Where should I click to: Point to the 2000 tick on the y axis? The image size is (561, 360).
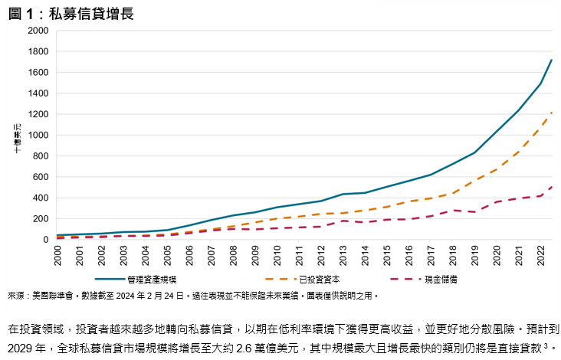(x=38, y=31)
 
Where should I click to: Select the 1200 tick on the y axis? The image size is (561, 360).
(x=38, y=114)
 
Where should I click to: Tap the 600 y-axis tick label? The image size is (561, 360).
(x=40, y=177)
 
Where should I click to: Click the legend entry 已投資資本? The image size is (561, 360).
(x=313, y=280)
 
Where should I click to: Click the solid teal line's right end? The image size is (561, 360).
(x=551, y=60)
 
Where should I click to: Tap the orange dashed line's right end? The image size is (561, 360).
(x=551, y=113)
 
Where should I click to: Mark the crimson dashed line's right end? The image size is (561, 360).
(x=551, y=186)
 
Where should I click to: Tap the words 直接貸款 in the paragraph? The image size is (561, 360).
(x=520, y=349)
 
